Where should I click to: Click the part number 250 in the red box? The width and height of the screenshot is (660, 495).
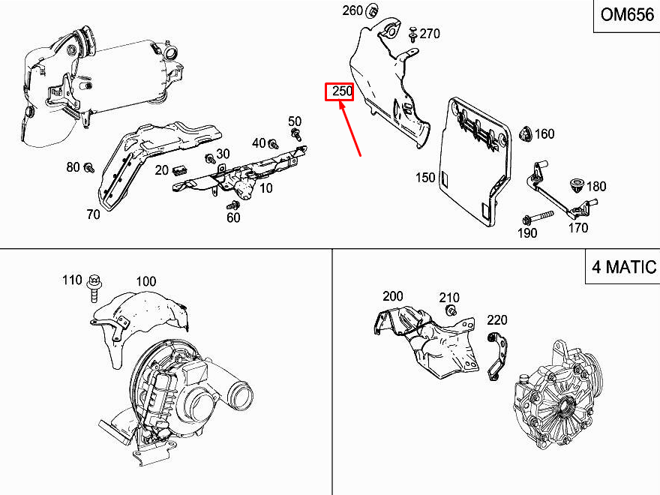[342, 91]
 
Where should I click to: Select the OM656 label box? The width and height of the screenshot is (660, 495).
[626, 16]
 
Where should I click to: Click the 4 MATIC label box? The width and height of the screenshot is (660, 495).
[622, 266]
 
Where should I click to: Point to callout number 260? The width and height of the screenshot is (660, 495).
[352, 10]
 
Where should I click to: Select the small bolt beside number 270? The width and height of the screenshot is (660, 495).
[412, 31]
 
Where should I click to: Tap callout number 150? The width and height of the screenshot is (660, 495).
[425, 178]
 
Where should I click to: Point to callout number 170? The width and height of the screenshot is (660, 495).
[577, 229]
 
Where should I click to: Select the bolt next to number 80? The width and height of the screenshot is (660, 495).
[89, 167]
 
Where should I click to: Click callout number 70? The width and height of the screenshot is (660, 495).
[93, 214]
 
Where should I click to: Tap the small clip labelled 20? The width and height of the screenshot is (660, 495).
[179, 170]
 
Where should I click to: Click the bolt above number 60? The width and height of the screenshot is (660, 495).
[234, 204]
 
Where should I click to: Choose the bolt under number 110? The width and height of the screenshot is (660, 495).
[94, 288]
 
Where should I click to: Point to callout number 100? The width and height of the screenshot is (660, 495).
[145, 281]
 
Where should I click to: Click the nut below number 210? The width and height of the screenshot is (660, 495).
[451, 310]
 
